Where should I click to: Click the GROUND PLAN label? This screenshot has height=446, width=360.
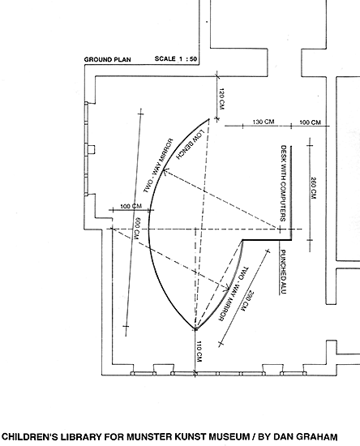click(108, 59)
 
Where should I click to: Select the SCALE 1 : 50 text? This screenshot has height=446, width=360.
click(176, 59)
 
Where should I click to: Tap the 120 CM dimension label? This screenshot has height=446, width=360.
click(221, 99)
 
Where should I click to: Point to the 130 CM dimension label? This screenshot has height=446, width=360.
click(264, 122)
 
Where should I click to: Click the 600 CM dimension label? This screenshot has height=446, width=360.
click(137, 229)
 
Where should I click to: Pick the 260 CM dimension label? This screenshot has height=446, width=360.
click(313, 188)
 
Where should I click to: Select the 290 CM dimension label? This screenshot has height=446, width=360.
click(247, 301)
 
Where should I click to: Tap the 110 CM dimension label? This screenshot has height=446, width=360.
click(199, 352)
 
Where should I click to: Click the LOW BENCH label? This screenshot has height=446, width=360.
click(191, 144)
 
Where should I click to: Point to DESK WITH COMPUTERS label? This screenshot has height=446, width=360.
click(283, 183)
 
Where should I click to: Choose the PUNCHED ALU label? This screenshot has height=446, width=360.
click(283, 272)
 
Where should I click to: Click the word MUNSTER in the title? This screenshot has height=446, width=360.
click(146, 436)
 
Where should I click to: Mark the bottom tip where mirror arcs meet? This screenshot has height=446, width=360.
click(195, 329)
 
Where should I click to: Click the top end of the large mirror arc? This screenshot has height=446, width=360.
click(209, 119)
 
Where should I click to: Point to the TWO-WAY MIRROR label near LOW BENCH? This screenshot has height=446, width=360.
click(158, 165)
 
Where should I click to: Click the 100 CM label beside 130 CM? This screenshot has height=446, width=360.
click(310, 122)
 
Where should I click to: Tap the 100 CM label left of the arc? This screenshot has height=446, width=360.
click(131, 206)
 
